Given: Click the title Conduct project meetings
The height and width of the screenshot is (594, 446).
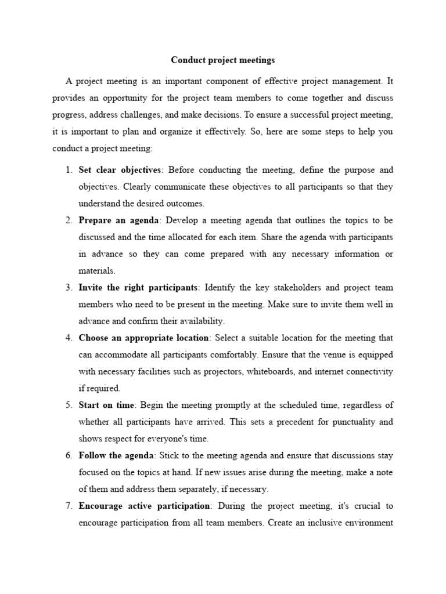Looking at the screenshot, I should click(x=223, y=60).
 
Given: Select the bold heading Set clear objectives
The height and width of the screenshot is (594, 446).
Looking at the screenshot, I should click(x=119, y=170).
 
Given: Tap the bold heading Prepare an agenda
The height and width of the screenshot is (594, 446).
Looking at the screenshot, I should click(x=118, y=220).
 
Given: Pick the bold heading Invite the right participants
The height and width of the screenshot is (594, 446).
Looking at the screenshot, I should click(x=138, y=288).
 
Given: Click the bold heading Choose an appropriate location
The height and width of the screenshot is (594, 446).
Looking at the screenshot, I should click(x=143, y=338).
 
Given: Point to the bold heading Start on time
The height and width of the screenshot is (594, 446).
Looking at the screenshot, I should click(x=106, y=405).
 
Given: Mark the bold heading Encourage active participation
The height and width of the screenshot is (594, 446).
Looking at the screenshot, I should click(x=144, y=506).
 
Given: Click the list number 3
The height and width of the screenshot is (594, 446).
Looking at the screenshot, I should click(x=68, y=288).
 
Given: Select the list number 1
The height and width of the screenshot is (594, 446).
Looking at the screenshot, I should click(x=68, y=170).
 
